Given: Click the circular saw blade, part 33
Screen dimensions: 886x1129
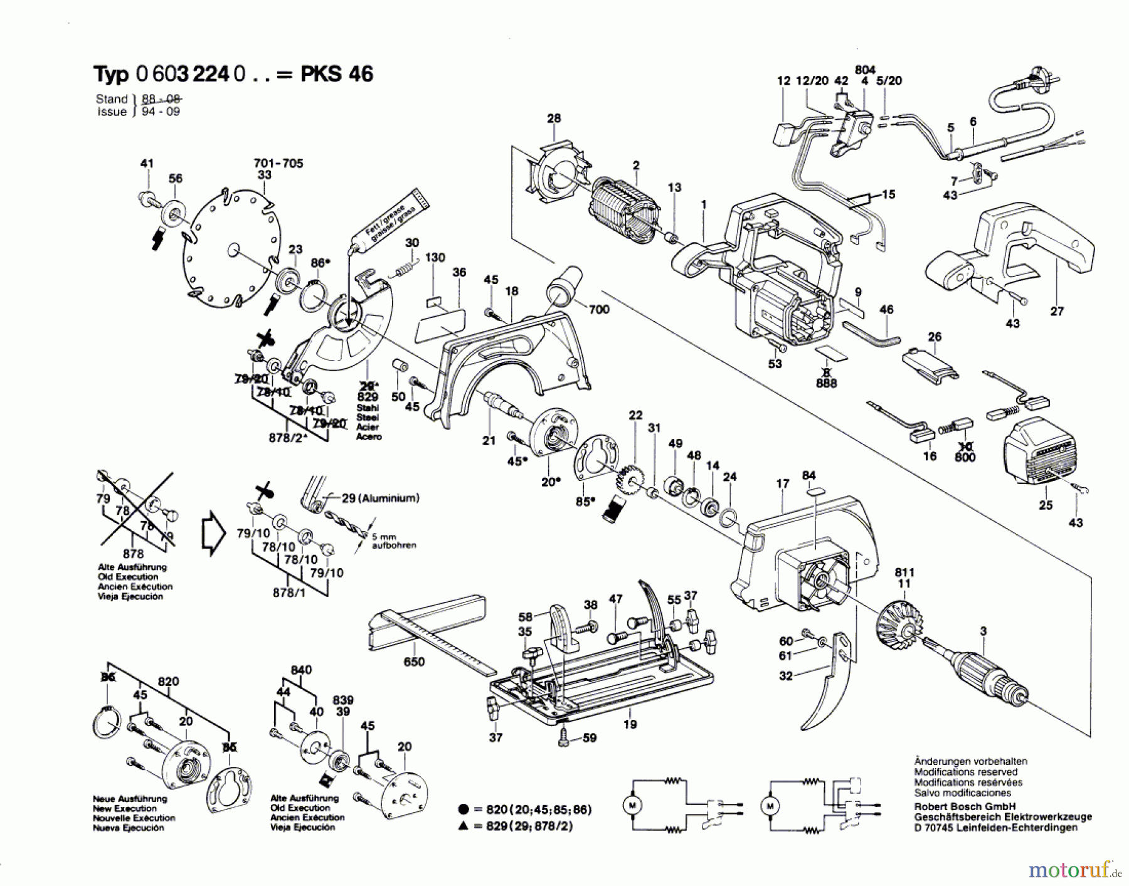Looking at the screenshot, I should point(233,250).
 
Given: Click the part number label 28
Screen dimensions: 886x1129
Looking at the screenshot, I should point(554,118).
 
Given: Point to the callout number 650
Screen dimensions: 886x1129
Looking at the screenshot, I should point(414,662).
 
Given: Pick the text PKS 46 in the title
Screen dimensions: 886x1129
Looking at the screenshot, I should point(337,74).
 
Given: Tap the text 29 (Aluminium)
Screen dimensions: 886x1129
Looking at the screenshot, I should point(380,498).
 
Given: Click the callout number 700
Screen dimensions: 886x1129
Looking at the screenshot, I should point(599,309).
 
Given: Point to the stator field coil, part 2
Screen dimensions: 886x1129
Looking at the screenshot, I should point(624,204).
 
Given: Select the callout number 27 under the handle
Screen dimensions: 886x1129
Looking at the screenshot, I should point(1057,311).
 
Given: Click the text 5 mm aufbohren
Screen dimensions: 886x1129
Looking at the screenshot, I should point(393,541).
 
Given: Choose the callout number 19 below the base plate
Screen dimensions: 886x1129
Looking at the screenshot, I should point(630,724).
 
